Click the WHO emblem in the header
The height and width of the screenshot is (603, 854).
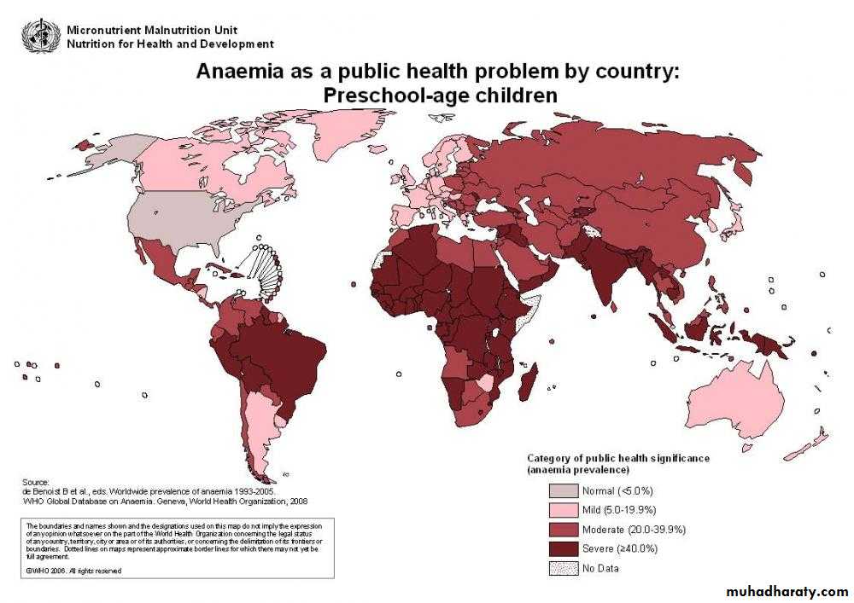[35, 35]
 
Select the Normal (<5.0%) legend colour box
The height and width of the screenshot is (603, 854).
[562, 490]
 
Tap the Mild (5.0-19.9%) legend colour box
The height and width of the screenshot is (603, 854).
[562, 510]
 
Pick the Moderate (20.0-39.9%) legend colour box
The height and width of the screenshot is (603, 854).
[562, 530]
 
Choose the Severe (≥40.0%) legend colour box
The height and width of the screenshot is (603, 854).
[562, 548]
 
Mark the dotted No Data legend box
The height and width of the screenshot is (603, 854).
[562, 568]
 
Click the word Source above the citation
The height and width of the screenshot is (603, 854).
[35, 483]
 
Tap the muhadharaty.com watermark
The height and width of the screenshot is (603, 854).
[785, 591]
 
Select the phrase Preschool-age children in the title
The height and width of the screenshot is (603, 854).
[440, 96]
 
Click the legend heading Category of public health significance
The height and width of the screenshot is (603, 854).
[617, 458]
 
